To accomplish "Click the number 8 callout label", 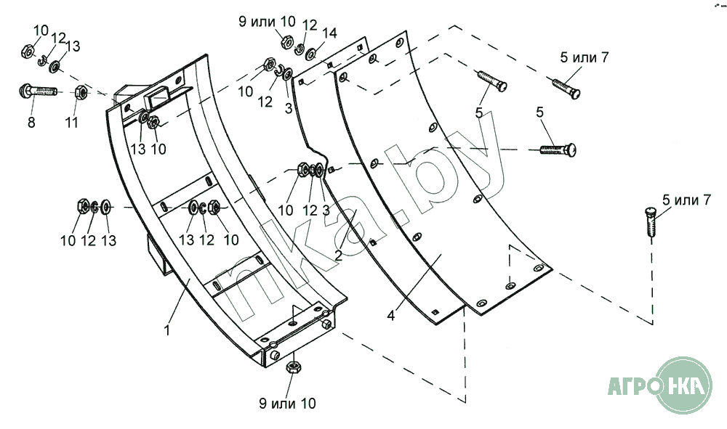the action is tap(31, 123).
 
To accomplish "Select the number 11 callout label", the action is tap(71, 123).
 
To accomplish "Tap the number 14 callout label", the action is tap(329, 33).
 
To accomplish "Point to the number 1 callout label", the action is tap(167, 330).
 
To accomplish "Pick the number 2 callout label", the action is tap(339, 255).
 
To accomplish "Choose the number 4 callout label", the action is tap(391, 316).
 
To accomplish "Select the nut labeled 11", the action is tap(80, 93).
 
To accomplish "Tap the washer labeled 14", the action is tap(311, 53).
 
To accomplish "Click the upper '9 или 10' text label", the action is tap(267, 21).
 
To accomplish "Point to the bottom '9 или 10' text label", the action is tap(287, 403).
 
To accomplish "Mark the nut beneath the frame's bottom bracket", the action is tap(293, 367).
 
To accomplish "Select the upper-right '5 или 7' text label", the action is tap(585, 57).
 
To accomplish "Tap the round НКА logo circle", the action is tap(684, 385).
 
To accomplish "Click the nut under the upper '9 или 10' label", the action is tap(286, 41).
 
